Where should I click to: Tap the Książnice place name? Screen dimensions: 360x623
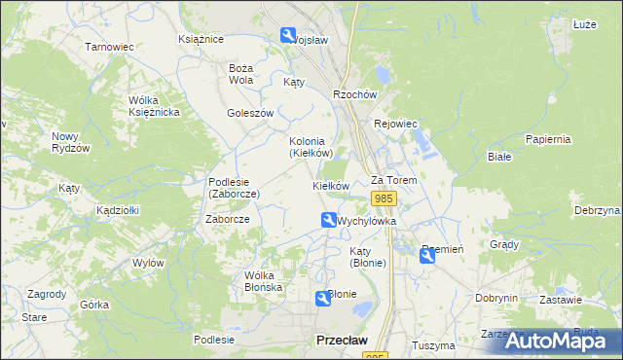(x=202, y=39)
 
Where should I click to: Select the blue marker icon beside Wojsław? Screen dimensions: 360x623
(x=289, y=36)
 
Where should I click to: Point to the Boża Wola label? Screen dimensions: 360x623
(x=240, y=74)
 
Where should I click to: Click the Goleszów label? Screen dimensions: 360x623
(x=250, y=113)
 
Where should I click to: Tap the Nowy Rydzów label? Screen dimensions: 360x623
(x=71, y=142)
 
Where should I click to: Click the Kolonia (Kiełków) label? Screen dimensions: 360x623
(x=311, y=147)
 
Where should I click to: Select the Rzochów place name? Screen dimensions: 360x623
(x=354, y=94)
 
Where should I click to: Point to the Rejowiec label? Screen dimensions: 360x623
(x=395, y=124)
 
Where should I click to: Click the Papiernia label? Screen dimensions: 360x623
(x=547, y=139)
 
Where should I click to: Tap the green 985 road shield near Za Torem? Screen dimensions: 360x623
(x=384, y=198)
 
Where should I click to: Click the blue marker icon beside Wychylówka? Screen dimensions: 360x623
(x=329, y=221)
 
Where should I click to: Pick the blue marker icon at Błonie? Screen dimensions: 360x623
(x=322, y=298)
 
